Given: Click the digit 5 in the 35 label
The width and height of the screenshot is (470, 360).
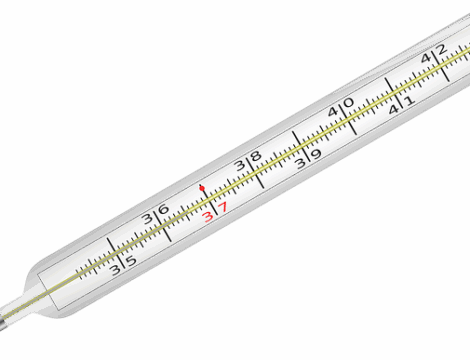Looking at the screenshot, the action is [x=132, y=261].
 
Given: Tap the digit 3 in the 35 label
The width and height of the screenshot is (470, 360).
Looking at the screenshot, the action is [x=116, y=270].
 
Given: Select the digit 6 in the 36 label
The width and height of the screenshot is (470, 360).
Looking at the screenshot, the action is [x=163, y=209].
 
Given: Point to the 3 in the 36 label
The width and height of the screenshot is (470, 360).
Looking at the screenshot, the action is [x=147, y=219].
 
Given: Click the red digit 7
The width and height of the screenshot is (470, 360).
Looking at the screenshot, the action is [x=223, y=207].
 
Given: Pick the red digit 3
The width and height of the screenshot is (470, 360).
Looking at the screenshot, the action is [x=208, y=217].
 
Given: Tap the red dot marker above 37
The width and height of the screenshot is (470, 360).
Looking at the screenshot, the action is [x=202, y=188].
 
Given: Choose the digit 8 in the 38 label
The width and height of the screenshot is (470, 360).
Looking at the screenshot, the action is [x=256, y=156].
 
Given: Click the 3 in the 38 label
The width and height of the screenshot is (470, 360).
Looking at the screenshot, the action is [x=240, y=165].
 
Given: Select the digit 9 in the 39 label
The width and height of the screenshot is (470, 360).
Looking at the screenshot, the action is [x=316, y=154].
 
